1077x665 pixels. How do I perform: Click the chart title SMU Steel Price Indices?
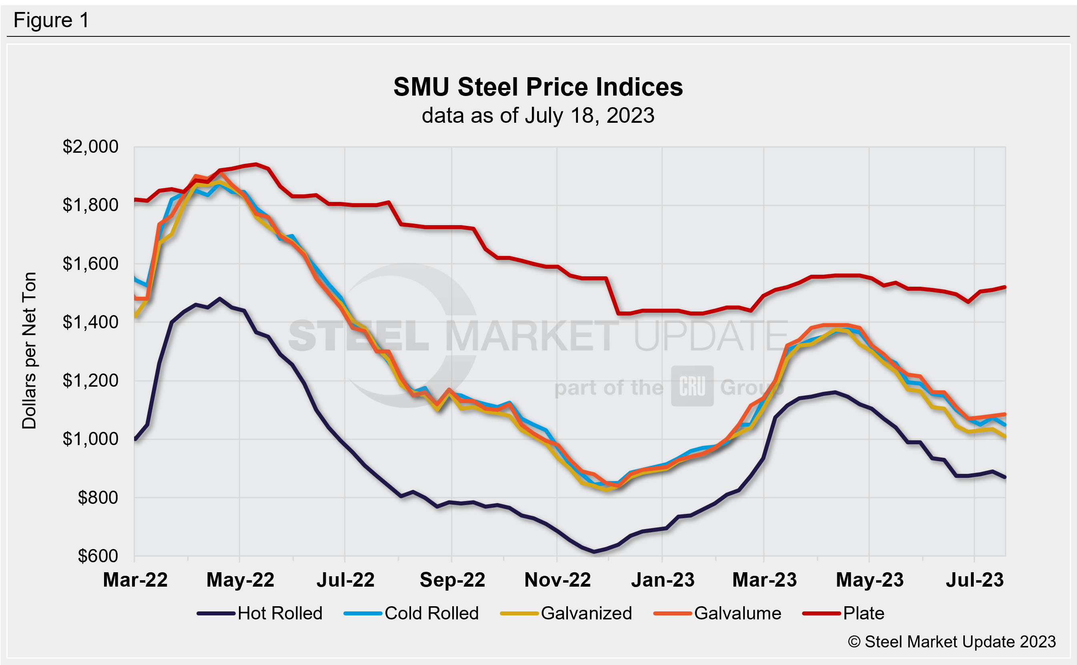(538, 87)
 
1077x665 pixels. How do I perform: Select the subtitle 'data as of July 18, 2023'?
(538, 116)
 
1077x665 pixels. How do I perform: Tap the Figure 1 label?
(51, 20)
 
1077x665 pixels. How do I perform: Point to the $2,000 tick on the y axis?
(90, 146)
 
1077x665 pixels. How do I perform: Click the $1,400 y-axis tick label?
(90, 322)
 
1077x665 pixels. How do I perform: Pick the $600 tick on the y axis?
(98, 556)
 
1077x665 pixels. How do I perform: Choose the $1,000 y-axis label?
(90, 439)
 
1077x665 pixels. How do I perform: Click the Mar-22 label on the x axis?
(135, 580)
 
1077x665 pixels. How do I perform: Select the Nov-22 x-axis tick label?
(557, 580)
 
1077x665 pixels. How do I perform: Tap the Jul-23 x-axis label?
(975, 580)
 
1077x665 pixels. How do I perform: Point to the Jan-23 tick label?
(662, 580)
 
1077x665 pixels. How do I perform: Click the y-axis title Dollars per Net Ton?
(29, 351)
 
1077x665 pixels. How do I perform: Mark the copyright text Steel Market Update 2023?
(952, 642)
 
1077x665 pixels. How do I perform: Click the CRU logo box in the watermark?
(692, 386)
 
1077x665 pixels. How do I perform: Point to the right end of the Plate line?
(1005, 287)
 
